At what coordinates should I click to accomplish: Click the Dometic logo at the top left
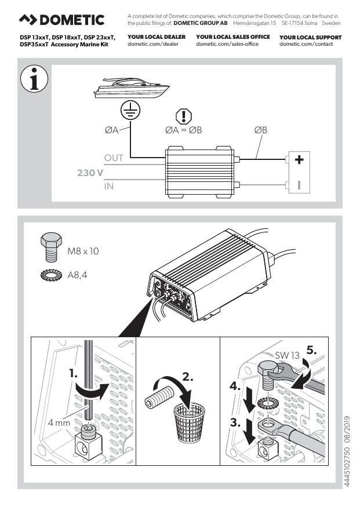pos(62,20)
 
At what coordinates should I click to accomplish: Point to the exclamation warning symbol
pos(183,116)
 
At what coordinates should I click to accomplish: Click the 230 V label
pos(90,173)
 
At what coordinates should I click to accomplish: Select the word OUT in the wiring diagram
pos(114,158)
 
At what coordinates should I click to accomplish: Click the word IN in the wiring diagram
pos(108,186)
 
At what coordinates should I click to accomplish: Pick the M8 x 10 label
pos(83,251)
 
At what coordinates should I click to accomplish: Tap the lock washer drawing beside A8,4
pos(50,276)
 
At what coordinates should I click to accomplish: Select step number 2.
pos(187,377)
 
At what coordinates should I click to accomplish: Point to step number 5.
pos(311,351)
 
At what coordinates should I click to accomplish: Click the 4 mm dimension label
pos(59,423)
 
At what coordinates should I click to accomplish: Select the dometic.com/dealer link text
pos(152,45)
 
